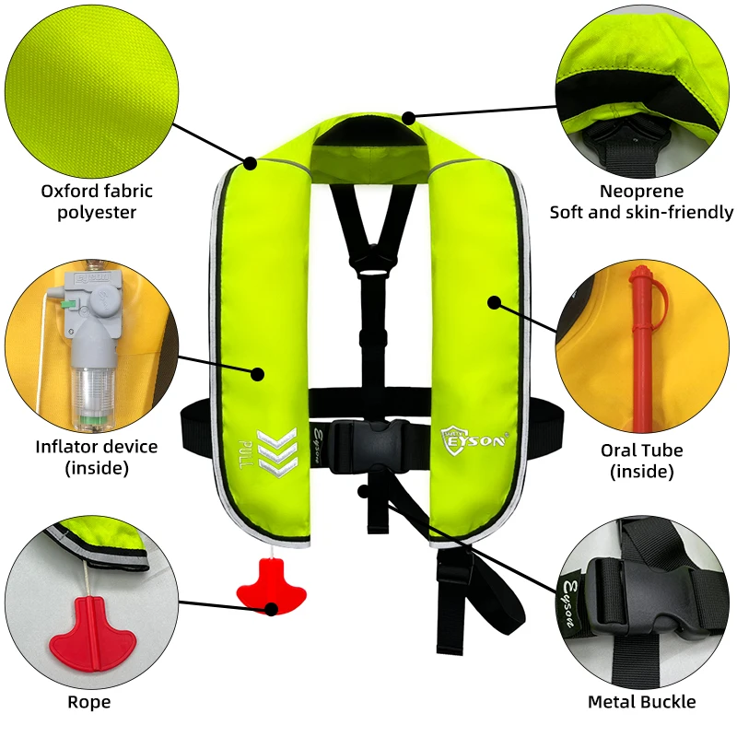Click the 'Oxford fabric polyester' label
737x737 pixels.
pos(97,202)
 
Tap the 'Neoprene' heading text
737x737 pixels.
pos(642,192)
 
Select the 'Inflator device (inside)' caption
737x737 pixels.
pos(97,457)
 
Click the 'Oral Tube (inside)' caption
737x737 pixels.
pos(642,461)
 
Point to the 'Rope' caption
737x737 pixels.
pos(89,702)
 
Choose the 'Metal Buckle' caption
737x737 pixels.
pos(642,702)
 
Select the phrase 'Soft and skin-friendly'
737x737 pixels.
pos(642,213)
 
